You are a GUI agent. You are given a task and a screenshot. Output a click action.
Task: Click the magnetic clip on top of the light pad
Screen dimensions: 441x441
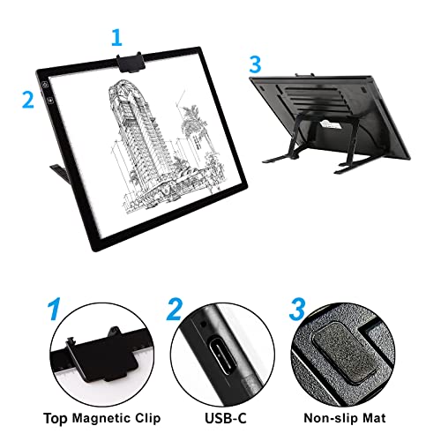tap(131, 61)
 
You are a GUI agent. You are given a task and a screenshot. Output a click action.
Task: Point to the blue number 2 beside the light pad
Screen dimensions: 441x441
tap(27, 99)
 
